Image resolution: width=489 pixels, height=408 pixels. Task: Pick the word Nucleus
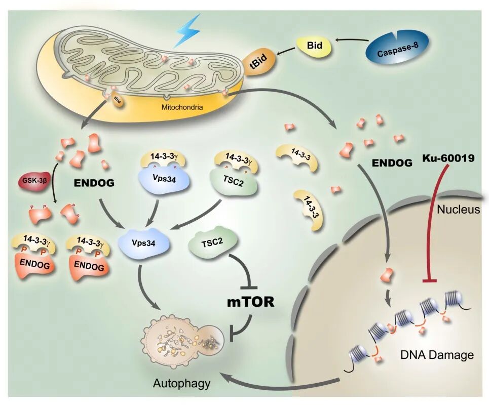pos(458,209)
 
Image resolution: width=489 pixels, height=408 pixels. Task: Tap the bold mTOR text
pos(250,302)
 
